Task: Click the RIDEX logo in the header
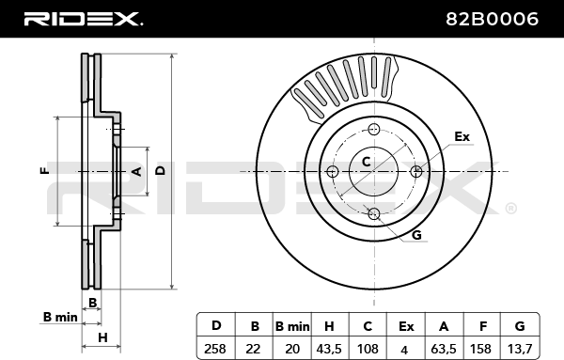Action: tap(83, 19)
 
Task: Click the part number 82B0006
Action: tap(492, 19)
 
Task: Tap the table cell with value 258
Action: tap(215, 349)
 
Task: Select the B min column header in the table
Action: tap(292, 326)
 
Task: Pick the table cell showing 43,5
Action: tap(329, 349)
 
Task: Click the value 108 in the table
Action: tap(368, 349)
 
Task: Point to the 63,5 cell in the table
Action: tap(444, 349)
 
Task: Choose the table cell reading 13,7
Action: tap(520, 349)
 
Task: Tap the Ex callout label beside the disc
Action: tap(462, 136)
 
